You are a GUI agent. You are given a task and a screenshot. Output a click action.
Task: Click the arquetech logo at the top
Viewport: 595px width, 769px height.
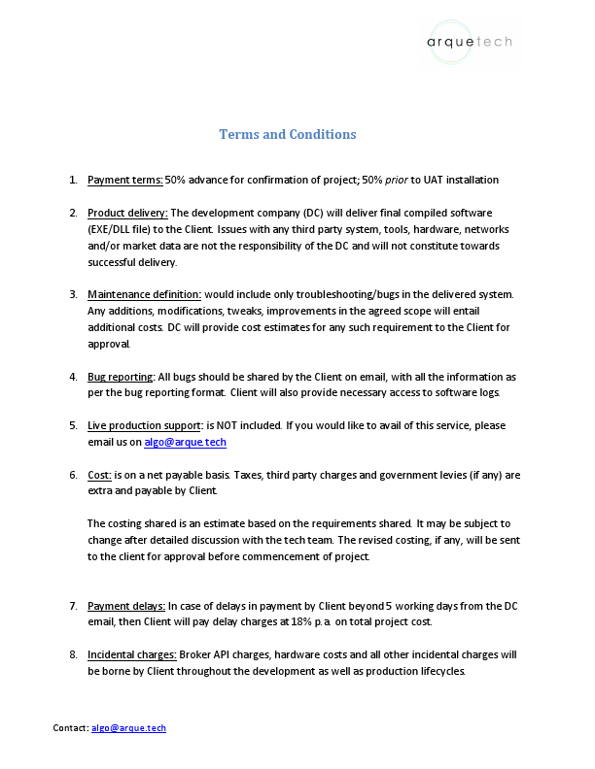[x=470, y=41]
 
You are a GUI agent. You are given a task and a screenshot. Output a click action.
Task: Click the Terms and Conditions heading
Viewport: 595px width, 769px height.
[x=287, y=134]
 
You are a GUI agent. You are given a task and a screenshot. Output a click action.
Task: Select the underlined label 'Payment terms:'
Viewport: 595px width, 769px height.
[x=124, y=180]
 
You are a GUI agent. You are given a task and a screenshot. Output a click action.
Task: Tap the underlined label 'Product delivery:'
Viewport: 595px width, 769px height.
[x=127, y=212]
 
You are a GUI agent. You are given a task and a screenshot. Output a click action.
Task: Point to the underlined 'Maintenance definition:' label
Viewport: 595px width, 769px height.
[x=144, y=293]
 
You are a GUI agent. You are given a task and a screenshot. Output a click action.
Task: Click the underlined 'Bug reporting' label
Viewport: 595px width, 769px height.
[x=121, y=376]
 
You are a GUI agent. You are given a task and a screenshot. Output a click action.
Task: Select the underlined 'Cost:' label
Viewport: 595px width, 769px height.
[x=99, y=475]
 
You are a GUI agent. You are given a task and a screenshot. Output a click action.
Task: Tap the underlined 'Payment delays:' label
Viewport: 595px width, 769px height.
[x=126, y=606]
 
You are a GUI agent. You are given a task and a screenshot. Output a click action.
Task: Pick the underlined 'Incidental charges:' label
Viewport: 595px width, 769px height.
[x=131, y=654]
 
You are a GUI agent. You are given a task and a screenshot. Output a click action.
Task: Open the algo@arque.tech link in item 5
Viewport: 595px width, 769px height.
[x=185, y=442]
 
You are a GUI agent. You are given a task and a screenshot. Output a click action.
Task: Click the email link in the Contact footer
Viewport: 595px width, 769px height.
[x=128, y=727]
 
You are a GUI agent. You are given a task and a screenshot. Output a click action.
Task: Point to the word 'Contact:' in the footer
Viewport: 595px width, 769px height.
[x=70, y=727]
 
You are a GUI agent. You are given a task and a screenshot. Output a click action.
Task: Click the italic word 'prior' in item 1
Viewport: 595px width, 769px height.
[x=396, y=180]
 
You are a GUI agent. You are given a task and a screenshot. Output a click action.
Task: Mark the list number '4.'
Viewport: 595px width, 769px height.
[x=73, y=376]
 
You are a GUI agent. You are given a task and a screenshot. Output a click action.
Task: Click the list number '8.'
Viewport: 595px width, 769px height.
[x=73, y=654]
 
